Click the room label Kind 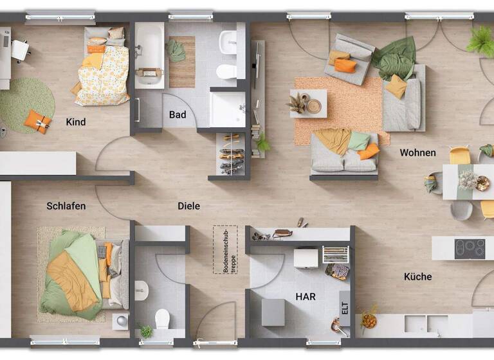(x=75, y=122)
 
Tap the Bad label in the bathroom (x=178, y=115)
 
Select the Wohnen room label (x=417, y=153)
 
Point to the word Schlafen (x=66, y=206)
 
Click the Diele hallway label (x=188, y=206)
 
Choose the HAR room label (x=306, y=297)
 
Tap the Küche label (x=417, y=277)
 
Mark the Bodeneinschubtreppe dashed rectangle (x=225, y=249)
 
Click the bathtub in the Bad (x=149, y=54)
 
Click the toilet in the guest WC (x=163, y=318)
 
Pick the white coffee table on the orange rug (x=308, y=103)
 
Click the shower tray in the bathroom (x=228, y=109)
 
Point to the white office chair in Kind (x=21, y=50)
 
